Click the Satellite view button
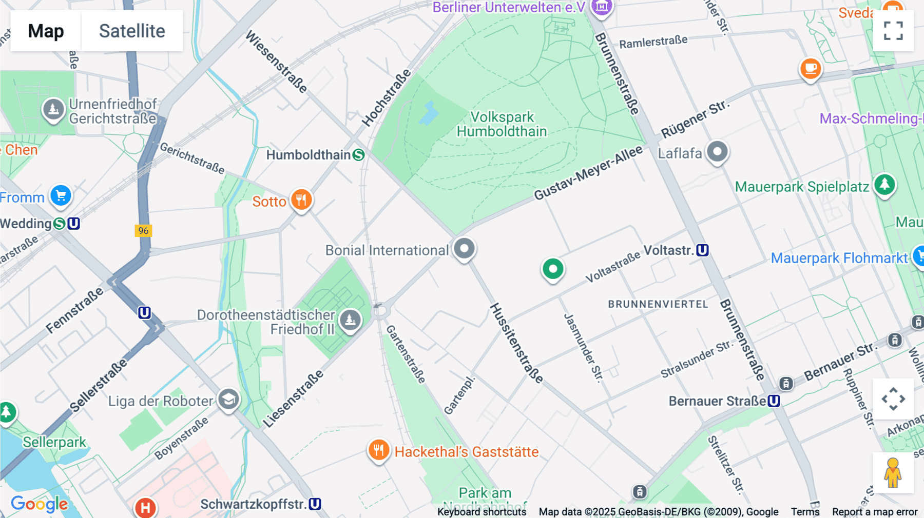[132, 31]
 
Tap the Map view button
[46, 31]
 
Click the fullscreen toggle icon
[893, 30]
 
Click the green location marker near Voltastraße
[553, 269]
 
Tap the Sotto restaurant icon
[301, 200]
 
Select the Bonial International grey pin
[465, 249]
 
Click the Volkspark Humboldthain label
[502, 124]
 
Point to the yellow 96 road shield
[143, 230]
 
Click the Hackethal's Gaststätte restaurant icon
[379, 450]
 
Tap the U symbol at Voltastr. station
[703, 250]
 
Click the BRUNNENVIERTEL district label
[658, 304]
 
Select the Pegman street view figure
[893, 473]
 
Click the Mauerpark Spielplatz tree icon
[884, 185]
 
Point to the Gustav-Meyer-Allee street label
[588, 173]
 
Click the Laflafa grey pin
[717, 152]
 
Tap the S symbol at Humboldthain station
[359, 155]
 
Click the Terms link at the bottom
[805, 511]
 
